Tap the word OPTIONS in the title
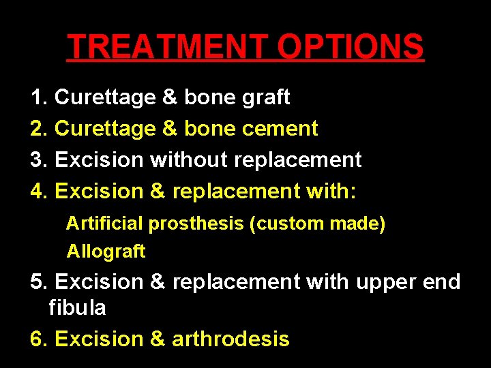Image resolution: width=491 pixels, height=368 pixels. (x=351, y=46)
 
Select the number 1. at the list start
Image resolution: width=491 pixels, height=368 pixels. (x=40, y=97)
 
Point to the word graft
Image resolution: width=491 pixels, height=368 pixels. (x=265, y=98)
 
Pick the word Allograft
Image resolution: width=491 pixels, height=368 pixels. (x=106, y=251)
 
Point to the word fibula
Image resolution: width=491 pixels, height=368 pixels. (x=77, y=308)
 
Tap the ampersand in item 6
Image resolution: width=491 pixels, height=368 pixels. (x=158, y=339)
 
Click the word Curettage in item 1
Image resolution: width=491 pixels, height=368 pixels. (x=105, y=98)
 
